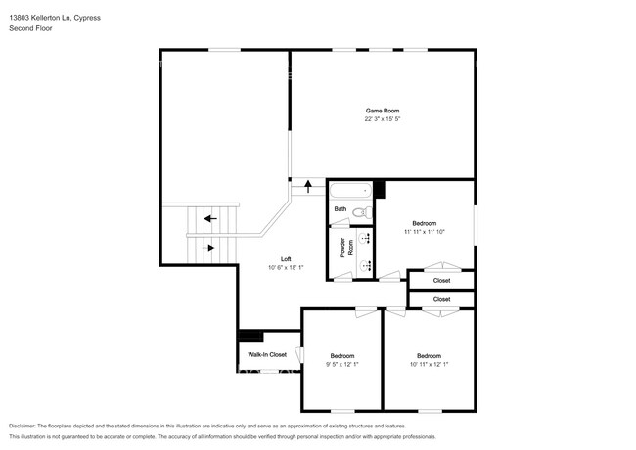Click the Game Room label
[383, 111]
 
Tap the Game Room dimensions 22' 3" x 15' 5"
[383, 120]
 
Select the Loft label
[286, 259]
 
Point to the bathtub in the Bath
[349, 192]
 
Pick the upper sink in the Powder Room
[366, 237]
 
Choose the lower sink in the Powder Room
[366, 265]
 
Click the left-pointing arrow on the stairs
[207, 218]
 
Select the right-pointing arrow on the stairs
[207, 247]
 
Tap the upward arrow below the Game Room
[309, 183]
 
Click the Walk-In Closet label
[267, 354]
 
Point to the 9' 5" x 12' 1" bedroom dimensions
[341, 364]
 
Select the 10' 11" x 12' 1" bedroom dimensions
[429, 364]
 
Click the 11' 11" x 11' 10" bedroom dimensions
[425, 232]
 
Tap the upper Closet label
[441, 281]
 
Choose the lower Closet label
[441, 299]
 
